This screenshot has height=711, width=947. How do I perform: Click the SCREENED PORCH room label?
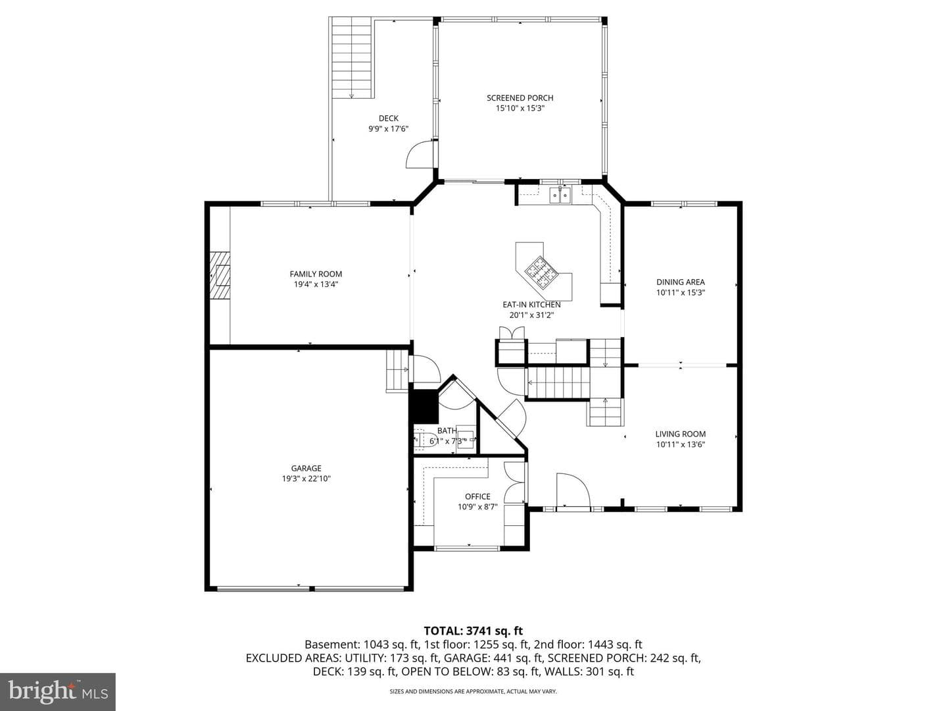tap(520, 98)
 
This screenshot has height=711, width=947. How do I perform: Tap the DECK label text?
tap(388, 118)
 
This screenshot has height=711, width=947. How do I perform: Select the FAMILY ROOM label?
tap(316, 274)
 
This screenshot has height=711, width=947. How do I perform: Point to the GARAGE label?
tap(306, 468)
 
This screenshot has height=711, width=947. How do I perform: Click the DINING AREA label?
tap(681, 282)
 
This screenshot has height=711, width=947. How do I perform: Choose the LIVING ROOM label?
tap(681, 434)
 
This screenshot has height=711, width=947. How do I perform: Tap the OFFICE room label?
tap(477, 496)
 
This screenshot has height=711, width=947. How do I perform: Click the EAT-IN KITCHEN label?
tap(531, 304)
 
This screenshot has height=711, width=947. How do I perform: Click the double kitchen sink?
tap(560, 195)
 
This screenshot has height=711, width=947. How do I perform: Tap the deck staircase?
tap(352, 57)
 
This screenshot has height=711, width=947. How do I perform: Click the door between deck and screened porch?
tap(420, 153)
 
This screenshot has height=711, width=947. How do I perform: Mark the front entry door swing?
tap(573, 489)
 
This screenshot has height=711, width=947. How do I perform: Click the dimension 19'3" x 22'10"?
tap(306, 479)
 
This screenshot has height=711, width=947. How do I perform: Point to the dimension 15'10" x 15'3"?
tap(520, 109)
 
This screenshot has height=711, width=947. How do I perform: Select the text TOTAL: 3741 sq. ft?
tap(473, 631)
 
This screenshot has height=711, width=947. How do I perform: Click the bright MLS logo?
tap(58, 691)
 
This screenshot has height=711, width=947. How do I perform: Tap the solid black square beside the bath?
tap(424, 407)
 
